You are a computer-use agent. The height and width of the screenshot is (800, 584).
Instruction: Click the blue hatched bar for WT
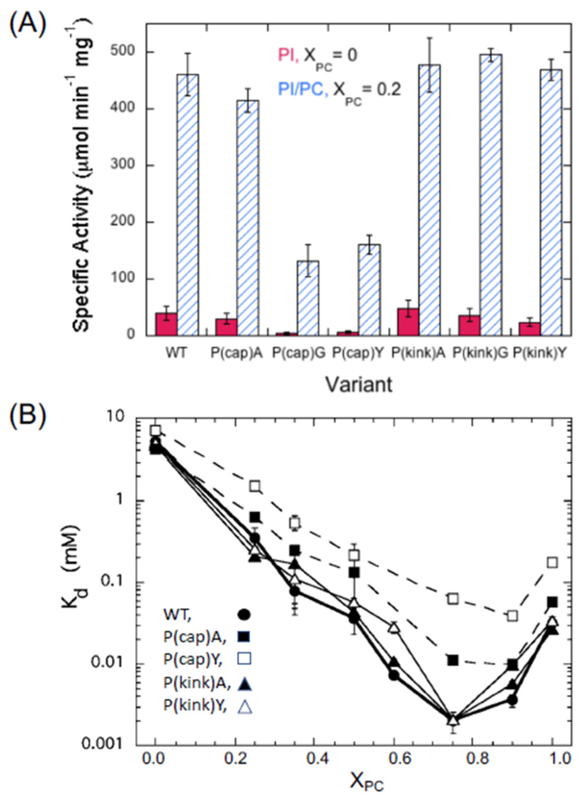pyautogui.click(x=188, y=205)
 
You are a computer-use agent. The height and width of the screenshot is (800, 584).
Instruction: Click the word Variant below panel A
pyautogui.click(x=359, y=385)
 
